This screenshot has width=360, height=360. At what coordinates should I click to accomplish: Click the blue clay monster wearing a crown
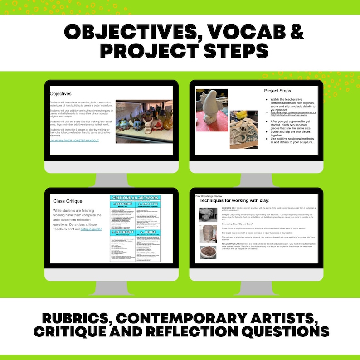tap(125, 124)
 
